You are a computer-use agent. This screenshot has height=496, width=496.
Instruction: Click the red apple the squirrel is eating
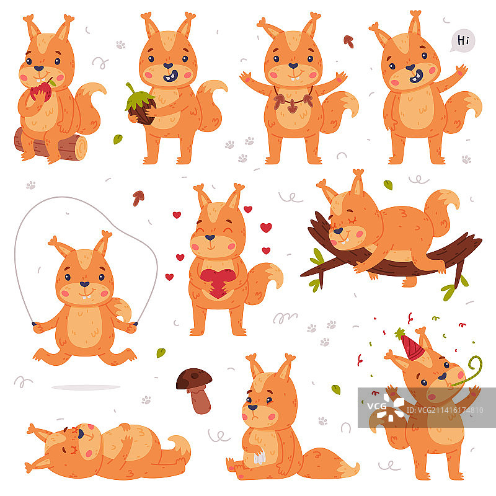point(41,91)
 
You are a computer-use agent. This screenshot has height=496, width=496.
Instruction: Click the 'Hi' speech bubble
point(463,41)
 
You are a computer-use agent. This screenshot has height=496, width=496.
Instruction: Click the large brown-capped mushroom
point(195,390)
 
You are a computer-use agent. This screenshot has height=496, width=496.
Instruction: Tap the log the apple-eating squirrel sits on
point(51,146)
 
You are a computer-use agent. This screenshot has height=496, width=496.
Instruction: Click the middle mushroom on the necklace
point(292,106)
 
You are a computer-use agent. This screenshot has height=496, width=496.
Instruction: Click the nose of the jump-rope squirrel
point(84,284)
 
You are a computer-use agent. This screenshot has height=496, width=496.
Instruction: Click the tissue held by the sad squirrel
point(259,456)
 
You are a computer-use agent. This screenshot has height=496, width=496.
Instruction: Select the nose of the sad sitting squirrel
point(252,407)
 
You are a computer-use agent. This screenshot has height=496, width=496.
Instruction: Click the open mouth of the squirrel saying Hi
point(416,76)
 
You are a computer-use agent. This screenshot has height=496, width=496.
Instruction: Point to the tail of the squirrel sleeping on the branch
point(441,211)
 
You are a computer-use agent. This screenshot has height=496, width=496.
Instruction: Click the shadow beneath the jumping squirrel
point(86,387)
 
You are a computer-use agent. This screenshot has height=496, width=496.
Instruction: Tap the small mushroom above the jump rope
point(138,198)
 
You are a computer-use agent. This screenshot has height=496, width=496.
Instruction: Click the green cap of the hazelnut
point(139,98)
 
